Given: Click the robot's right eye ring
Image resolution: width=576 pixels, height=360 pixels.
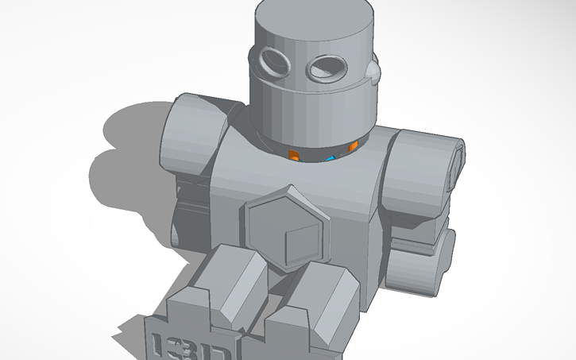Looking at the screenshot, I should (325, 69).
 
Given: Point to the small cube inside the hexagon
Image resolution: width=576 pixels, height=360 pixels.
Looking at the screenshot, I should (299, 238).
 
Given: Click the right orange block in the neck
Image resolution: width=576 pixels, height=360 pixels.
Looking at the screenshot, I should (349, 149).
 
